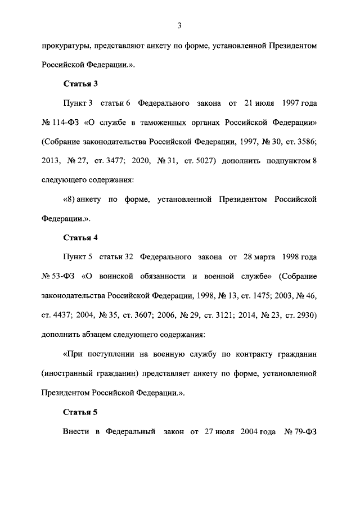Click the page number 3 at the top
click(x=179, y=25)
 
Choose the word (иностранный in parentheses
click(x=69, y=373)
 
